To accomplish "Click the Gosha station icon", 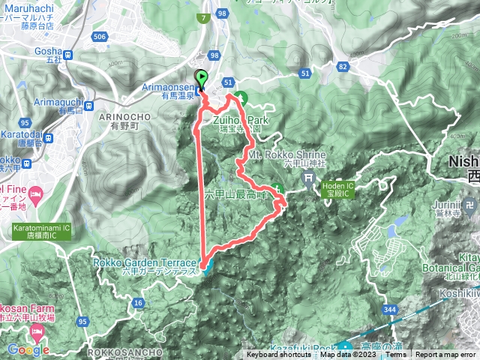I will coord(68,54).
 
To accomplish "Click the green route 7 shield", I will coord(204,19).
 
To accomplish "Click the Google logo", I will coord(28,349).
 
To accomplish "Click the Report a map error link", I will coord(446,355).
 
